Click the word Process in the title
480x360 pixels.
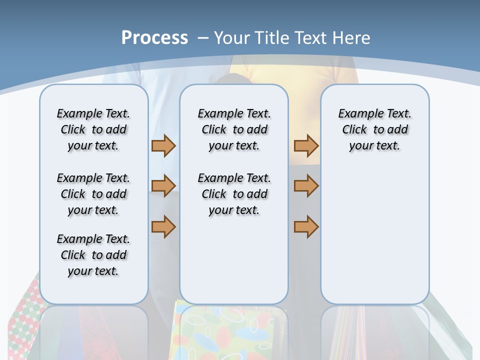(154, 37)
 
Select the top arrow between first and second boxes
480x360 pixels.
(163, 145)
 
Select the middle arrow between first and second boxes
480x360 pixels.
(163, 186)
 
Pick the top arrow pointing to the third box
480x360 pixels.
(306, 145)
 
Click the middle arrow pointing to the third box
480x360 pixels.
(306, 186)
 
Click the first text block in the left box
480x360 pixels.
(93, 129)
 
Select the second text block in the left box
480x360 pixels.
(93, 194)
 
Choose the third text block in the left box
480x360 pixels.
(93, 255)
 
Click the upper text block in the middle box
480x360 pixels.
(234, 129)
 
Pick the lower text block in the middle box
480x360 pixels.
(234, 194)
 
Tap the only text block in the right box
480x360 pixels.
(374, 129)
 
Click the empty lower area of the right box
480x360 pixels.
(374, 235)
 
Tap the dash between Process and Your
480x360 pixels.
(203, 38)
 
